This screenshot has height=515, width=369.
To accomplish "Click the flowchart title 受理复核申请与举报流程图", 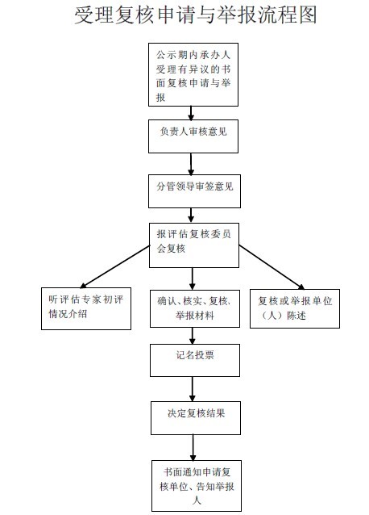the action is (196, 15).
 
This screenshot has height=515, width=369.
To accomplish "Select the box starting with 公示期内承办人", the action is (193, 74).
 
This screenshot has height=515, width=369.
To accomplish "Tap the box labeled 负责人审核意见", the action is (193, 136).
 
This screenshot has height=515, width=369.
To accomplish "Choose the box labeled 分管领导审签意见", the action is (194, 191).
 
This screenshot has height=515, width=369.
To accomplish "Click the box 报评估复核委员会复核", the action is (194, 245).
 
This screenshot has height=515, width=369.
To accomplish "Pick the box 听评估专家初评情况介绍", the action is (86, 308).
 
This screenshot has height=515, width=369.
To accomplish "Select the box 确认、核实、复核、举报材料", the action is (195, 308).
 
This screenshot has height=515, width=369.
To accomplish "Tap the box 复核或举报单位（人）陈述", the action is (295, 308).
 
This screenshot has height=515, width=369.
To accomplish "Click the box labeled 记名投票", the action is (195, 360).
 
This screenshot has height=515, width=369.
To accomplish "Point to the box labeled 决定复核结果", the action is (196, 418).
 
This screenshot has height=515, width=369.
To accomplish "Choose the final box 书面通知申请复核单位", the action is (197, 485).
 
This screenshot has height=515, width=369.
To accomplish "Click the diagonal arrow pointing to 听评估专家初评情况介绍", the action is (114, 266).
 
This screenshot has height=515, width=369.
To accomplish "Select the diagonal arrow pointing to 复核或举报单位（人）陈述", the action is (272, 267).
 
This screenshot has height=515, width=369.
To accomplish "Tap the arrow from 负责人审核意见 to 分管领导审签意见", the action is (191, 164).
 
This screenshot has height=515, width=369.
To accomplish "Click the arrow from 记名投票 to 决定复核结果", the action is (193, 389).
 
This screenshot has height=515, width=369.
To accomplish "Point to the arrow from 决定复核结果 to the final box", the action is (193, 448).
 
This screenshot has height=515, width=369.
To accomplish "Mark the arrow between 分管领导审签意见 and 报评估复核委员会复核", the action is (191, 216).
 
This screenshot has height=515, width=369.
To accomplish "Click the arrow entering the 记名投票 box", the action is (193, 336).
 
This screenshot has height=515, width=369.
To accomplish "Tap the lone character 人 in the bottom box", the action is (197, 500).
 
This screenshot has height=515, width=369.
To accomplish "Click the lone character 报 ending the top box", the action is (160, 98).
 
